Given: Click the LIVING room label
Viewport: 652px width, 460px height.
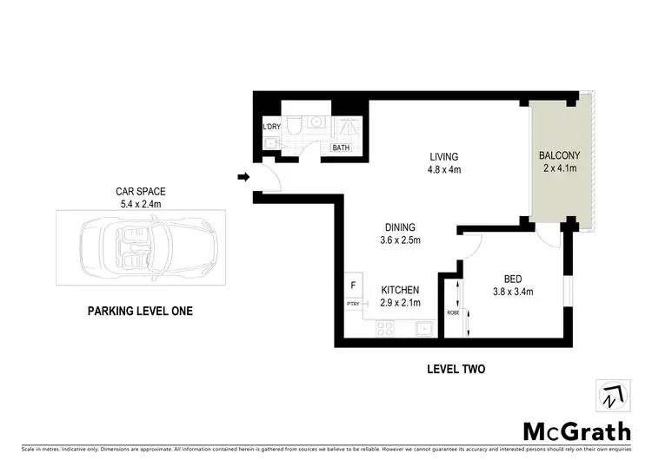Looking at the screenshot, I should tap(442, 157).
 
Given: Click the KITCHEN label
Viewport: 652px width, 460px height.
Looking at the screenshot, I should tap(400, 290).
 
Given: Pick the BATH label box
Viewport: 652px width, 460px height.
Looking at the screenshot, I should tap(342, 148).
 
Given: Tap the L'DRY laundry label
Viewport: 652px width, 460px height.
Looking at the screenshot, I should tap(271, 128).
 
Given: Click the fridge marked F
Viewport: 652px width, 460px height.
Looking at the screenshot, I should tap(353, 285).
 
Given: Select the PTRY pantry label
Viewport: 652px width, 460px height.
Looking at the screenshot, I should tap(353, 304).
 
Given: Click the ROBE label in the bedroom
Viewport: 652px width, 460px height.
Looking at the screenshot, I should tap(453, 312).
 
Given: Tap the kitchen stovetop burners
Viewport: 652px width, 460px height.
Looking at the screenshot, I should tap(385, 328).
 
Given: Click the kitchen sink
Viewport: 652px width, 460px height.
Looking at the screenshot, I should tap(425, 328).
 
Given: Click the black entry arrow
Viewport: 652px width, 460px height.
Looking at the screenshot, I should tap(244, 178).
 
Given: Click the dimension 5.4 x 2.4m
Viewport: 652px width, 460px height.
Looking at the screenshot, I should tap(141, 204).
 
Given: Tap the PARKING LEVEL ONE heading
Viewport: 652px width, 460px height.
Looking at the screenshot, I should tap(140, 311).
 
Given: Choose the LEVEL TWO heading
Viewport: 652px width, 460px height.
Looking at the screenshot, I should tap(456, 369).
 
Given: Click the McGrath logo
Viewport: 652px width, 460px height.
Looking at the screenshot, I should tap(577, 430).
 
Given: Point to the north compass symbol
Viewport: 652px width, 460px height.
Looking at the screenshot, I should tap(613, 398).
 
